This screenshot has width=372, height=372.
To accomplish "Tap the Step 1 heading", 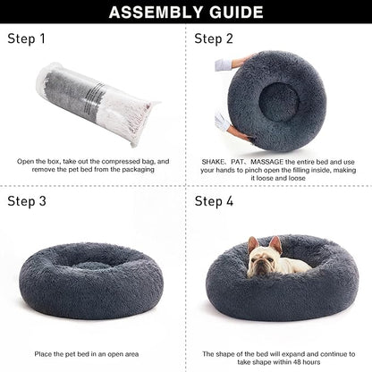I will pyautogui.click(x=27, y=39).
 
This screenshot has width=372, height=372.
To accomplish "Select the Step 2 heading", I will pyautogui.click(x=215, y=39).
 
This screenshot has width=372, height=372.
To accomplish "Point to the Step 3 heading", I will pyautogui.click(x=28, y=200).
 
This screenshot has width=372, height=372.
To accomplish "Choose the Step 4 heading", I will pyautogui.click(x=215, y=200).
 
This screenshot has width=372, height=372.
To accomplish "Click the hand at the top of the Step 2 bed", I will pyautogui.click(x=241, y=63).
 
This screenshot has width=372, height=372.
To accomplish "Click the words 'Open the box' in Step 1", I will pyautogui.click(x=38, y=162).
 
